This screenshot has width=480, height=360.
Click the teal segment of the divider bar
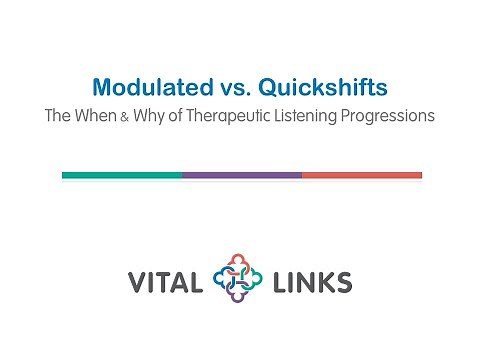(x=121, y=175)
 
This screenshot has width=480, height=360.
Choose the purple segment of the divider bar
(x=241, y=175)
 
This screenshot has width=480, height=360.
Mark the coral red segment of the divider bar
(x=361, y=175)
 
